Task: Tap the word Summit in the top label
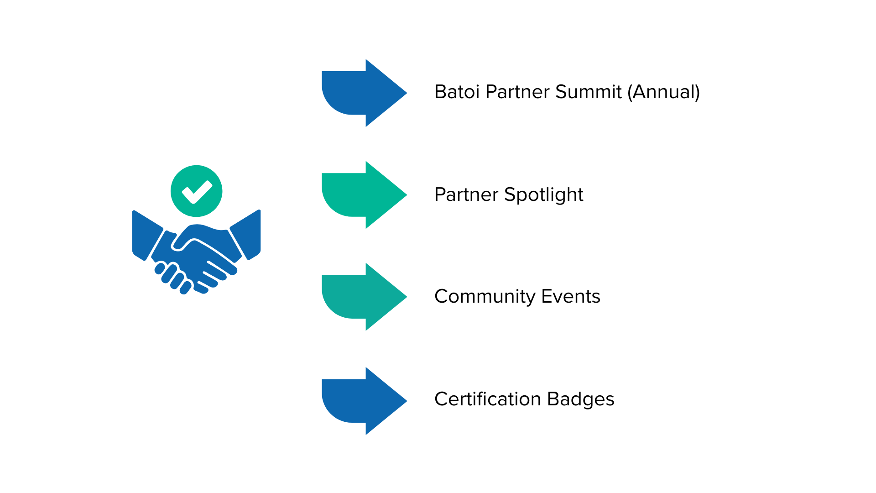588,92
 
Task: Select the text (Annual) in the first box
663,92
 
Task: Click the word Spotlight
543,195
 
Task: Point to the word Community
485,297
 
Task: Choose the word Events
571,297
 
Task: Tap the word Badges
580,399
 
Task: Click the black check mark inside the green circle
197,192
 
